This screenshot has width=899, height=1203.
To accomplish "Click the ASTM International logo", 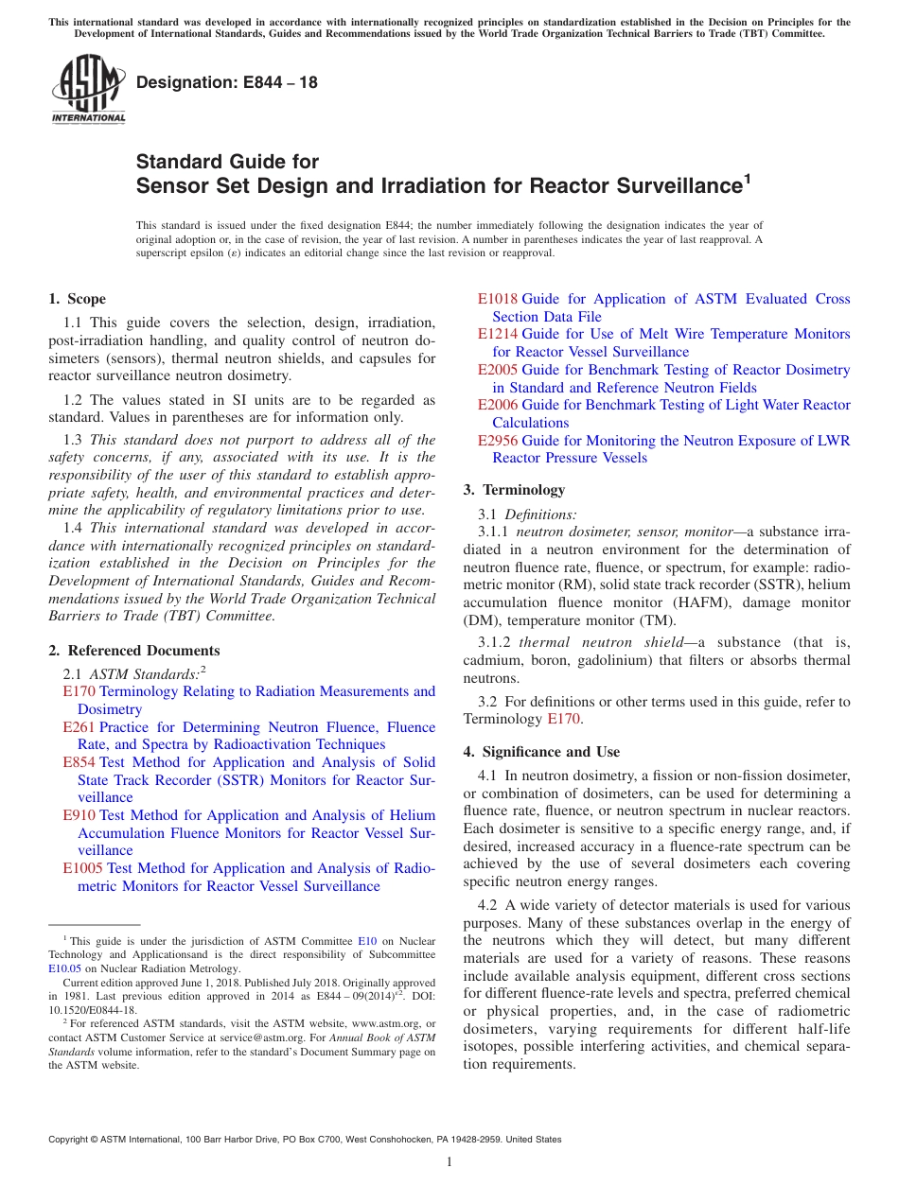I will coord(88,90).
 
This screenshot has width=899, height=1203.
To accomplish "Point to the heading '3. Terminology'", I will coord(514,490).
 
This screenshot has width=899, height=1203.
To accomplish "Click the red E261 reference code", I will coord(79,727).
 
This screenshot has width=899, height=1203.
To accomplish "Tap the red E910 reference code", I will coord(79,815).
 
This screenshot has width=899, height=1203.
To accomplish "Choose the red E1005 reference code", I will coord(82,868).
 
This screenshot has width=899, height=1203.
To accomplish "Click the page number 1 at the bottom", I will coord(449,1161).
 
